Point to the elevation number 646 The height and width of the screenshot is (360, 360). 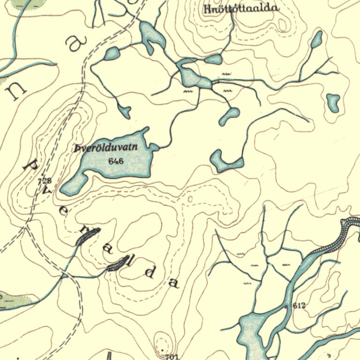115,161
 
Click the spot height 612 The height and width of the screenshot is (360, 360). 299,306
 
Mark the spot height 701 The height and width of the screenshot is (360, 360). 172,357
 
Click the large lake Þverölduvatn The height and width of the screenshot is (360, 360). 122,162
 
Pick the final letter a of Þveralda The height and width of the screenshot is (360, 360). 174,283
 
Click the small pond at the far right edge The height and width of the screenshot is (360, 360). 333,102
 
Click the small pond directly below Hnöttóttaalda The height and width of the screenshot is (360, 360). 213,59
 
